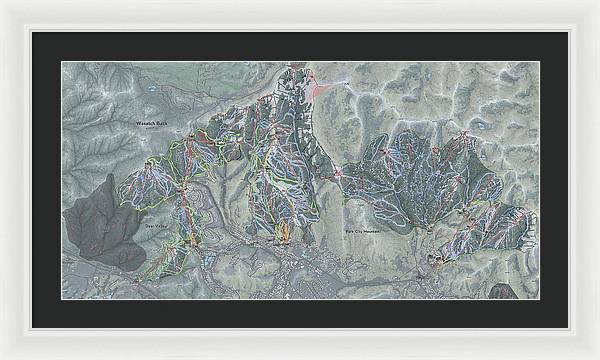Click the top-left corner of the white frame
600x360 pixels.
[x=2, y=2]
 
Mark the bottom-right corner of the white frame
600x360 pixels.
[x=597, y=357]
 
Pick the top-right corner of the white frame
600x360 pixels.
[x=597, y=2]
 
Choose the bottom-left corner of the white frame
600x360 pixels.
[x=2, y=357]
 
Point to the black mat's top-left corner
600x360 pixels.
[x=31, y=32]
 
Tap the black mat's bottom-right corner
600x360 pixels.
[x=569, y=329]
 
